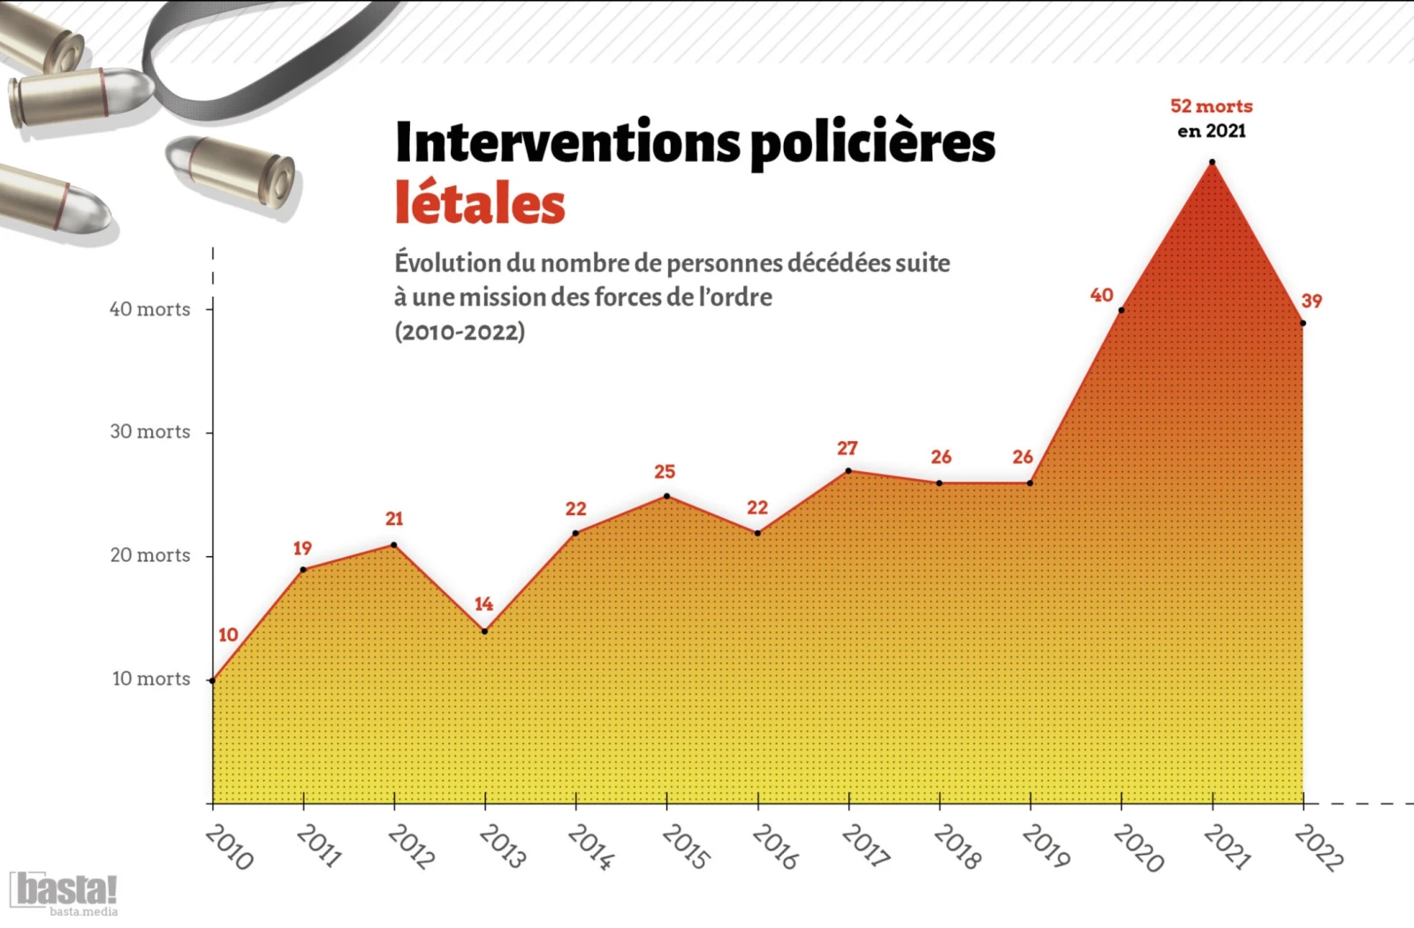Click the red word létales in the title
[x=480, y=203]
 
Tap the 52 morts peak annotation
[x=1211, y=106]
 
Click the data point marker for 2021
[x=1212, y=162]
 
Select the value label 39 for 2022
[x=1311, y=300]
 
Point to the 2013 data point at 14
[x=484, y=631]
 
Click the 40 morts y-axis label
[x=149, y=309]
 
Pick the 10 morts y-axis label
[x=150, y=679]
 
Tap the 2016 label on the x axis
[x=775, y=847]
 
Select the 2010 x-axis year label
[x=229, y=847]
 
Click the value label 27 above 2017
[x=847, y=448]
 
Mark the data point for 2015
[x=666, y=496]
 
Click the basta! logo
[x=64, y=891]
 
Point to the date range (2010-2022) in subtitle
[x=460, y=331]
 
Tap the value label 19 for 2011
[x=302, y=548]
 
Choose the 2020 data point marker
[x=1121, y=309]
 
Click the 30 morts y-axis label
[x=149, y=431]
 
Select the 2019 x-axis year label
[x=1045, y=847]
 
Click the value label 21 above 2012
[x=394, y=519]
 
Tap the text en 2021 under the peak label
[x=1211, y=131]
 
